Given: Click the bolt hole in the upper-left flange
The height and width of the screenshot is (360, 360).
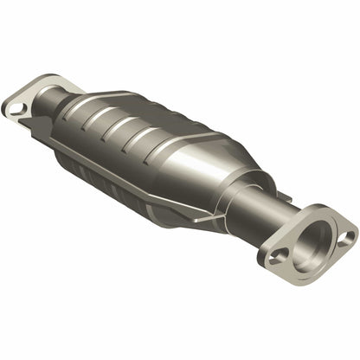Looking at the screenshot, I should click(x=16, y=109).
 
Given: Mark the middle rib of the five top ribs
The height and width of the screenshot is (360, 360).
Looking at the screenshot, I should click(x=137, y=129).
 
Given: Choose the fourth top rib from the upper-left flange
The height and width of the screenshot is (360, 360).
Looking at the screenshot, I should click(x=154, y=138).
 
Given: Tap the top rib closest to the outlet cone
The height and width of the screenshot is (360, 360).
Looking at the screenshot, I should click(x=172, y=148).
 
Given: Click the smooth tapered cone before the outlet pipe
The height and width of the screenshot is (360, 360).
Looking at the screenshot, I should click(x=221, y=173).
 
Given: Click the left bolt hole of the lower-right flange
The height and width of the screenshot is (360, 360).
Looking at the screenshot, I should click(x=277, y=257).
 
